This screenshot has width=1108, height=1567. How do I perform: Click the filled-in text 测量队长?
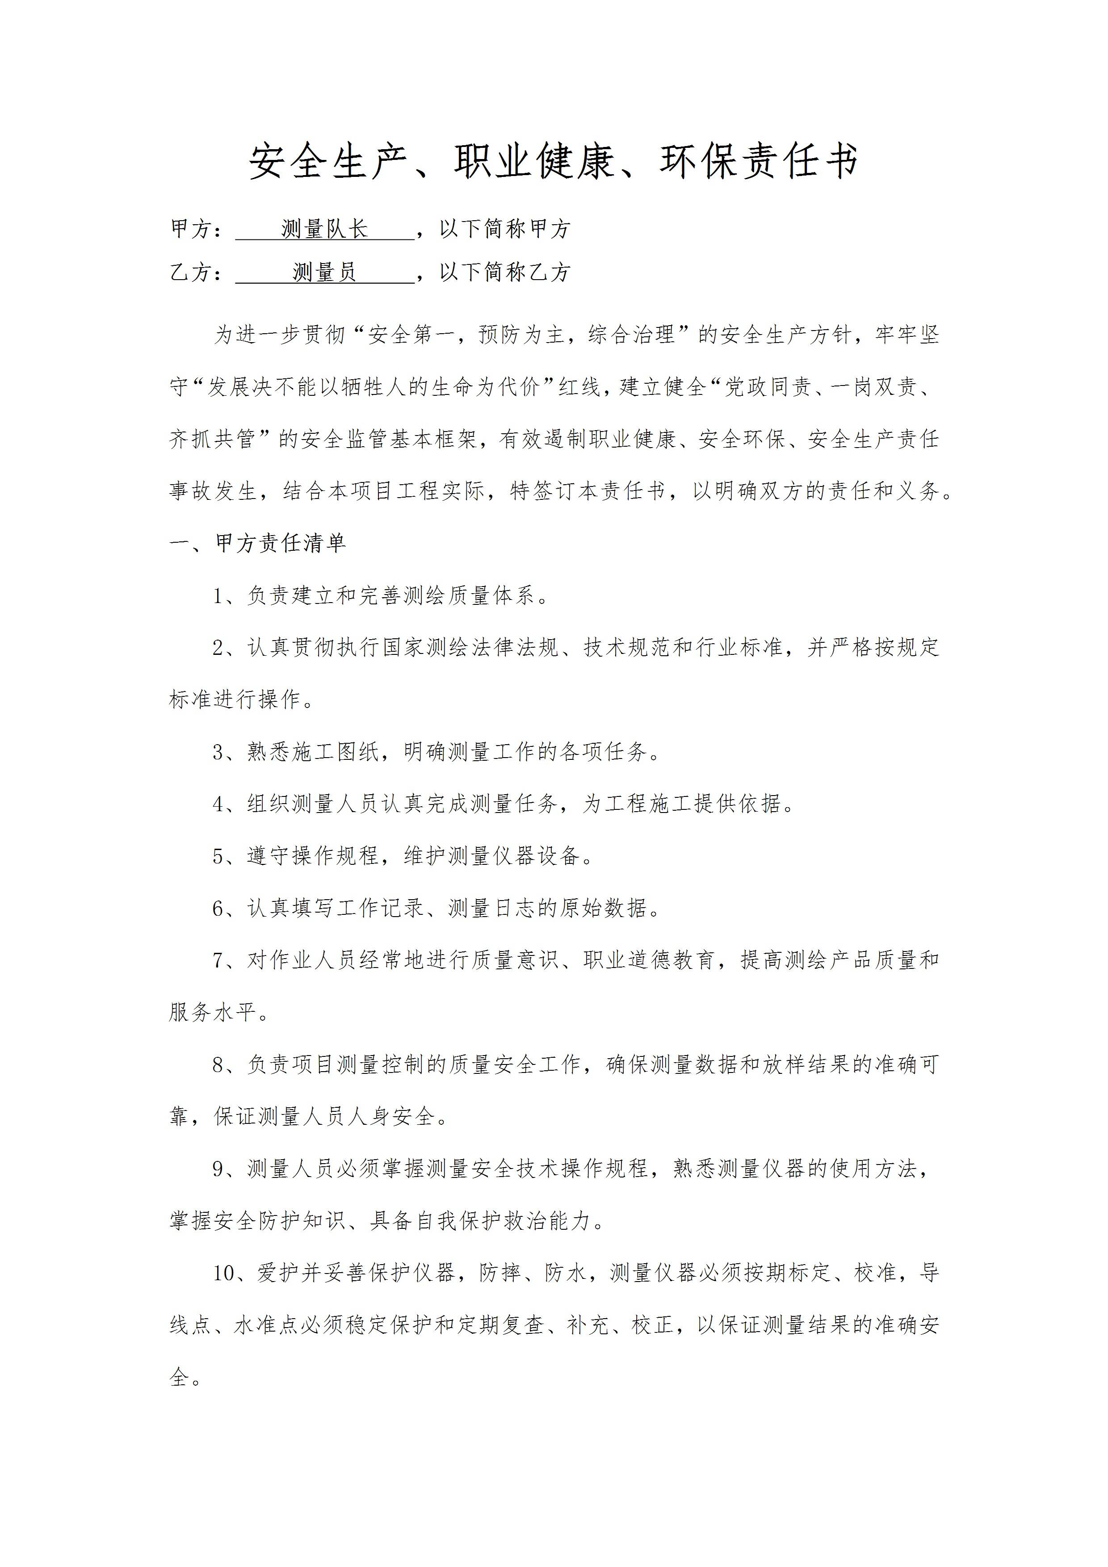click(325, 229)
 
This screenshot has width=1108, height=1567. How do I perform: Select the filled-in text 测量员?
click(325, 272)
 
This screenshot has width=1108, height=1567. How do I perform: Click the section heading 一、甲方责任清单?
click(258, 543)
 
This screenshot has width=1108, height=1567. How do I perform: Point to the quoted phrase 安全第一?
click(411, 335)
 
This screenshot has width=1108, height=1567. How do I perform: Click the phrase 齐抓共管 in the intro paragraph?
click(212, 439)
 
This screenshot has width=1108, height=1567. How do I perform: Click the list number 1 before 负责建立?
click(218, 596)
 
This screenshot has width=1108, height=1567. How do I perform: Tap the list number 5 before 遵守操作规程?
click(218, 856)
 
